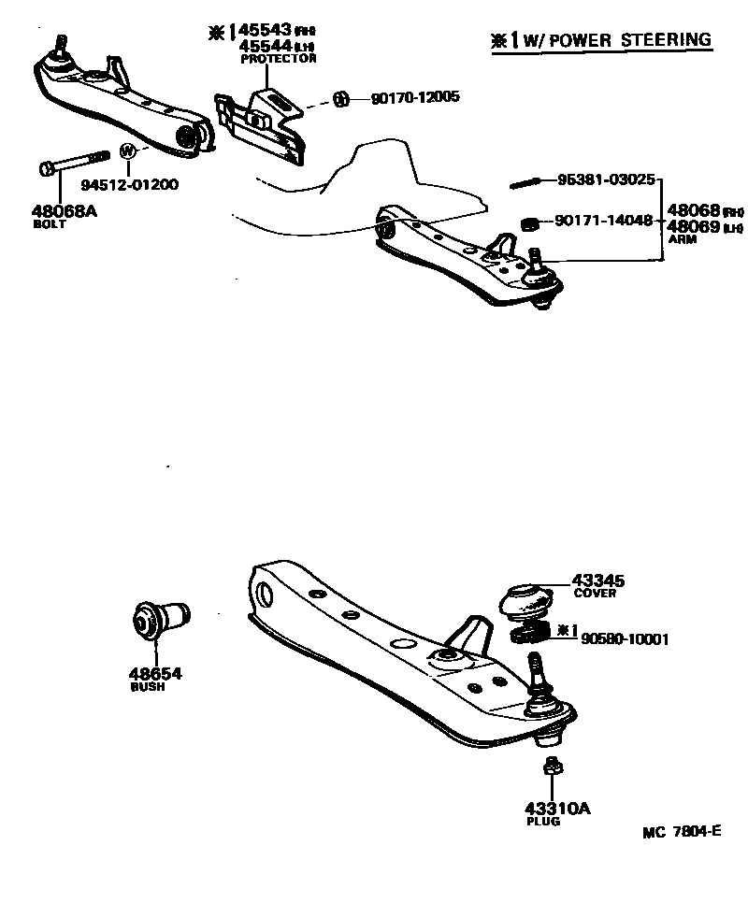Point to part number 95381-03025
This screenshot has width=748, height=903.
(607, 178)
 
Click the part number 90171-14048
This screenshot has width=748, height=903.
(604, 222)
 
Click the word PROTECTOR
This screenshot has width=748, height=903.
(279, 58)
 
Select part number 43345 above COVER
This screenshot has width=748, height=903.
(599, 580)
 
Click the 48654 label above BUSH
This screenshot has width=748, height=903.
(155, 673)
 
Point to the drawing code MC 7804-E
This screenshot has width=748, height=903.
(682, 833)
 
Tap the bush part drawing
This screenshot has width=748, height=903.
(159, 620)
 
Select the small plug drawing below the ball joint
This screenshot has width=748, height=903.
(552, 766)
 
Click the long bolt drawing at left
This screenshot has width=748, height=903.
(75, 165)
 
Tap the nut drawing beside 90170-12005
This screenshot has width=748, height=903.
(341, 97)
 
